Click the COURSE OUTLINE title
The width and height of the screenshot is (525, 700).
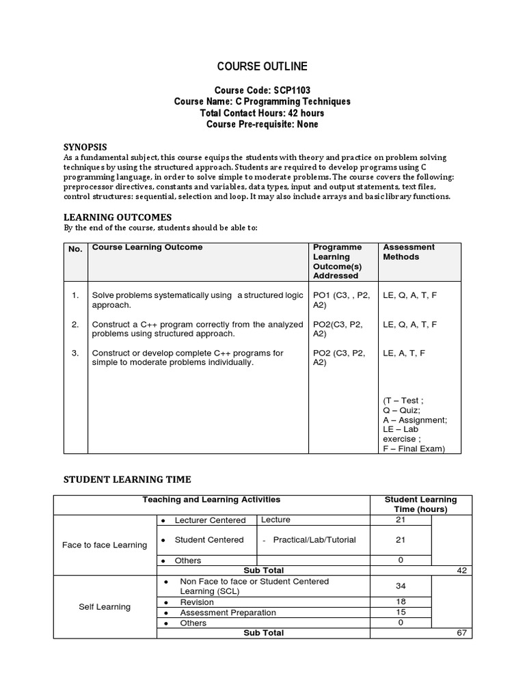pos(262,66)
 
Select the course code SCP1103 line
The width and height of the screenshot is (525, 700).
pos(262,90)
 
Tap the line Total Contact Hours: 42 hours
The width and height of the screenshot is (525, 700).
pos(262,113)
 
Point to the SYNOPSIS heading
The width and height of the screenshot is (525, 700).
pos(85,146)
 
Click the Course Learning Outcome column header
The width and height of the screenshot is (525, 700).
pos(147,247)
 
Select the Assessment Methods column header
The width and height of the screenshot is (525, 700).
pos(409,252)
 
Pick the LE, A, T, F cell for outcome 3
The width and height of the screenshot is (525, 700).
pos(404,353)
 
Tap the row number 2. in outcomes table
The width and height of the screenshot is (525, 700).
pos(75,325)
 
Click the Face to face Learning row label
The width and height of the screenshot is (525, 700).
pos(105,545)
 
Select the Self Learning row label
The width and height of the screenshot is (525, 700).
pos(105,607)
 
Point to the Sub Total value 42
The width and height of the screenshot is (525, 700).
pos(461,571)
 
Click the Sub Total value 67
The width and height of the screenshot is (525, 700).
pos(461,633)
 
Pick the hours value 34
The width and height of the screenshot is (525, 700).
pos(401,587)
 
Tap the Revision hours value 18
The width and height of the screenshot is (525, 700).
pos(401,602)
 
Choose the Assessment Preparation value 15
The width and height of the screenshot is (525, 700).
pos(401,612)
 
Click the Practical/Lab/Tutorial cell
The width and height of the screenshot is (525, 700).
pos(314,540)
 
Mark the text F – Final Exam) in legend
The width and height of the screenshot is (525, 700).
pos(414,448)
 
